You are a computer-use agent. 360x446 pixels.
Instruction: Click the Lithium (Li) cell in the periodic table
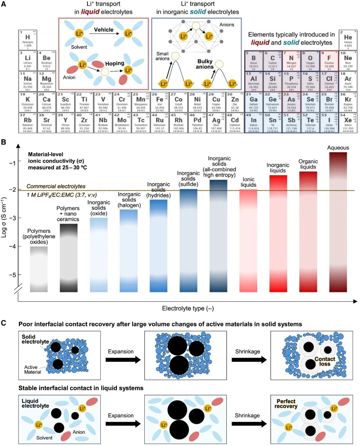28,60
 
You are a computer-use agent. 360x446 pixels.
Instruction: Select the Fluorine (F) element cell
329,60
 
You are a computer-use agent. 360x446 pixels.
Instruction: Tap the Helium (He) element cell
348,40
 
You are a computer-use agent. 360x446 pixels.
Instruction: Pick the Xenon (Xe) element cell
348,122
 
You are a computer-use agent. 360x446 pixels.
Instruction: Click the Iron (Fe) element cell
160,102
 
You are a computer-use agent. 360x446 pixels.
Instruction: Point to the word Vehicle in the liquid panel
104,30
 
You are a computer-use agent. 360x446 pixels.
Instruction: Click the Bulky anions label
205,64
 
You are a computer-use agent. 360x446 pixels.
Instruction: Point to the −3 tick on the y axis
13,218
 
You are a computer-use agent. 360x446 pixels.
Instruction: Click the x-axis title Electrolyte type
188,308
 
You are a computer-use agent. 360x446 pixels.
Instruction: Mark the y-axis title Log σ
4,217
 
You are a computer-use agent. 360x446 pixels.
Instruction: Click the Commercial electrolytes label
56,186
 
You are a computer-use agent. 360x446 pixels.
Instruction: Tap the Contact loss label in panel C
325,361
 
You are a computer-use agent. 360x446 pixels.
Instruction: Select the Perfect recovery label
286,404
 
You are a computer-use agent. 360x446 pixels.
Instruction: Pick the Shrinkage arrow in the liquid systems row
249,424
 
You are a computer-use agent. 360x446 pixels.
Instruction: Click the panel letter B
4,142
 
